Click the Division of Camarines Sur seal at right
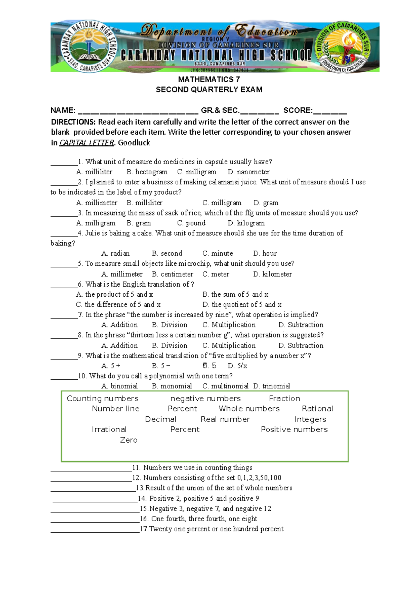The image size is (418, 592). [x=343, y=47]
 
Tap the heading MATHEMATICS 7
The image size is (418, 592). [x=209, y=79]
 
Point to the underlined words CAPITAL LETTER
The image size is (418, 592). [x=87, y=143]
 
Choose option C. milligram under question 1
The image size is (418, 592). [x=196, y=172]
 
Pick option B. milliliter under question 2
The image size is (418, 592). [x=145, y=203]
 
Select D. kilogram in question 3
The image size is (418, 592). [x=246, y=223]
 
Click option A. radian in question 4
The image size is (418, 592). [x=115, y=253]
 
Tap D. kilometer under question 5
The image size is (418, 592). [x=272, y=274]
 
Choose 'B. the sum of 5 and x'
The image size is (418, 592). [x=235, y=294]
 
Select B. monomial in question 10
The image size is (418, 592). [x=172, y=386]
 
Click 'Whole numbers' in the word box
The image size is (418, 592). [x=249, y=409]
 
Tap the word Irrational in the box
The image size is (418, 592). [x=109, y=429]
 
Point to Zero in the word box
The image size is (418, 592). [x=129, y=440]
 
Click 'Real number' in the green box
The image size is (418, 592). [x=225, y=419]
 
